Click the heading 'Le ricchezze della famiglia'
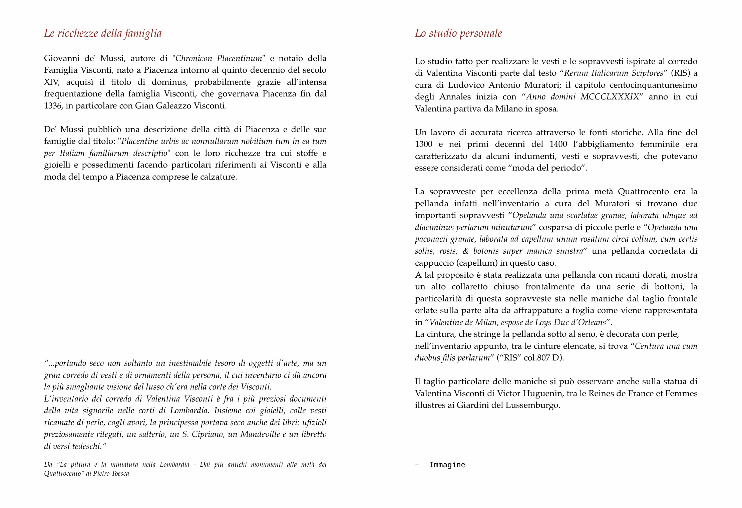click(x=103, y=33)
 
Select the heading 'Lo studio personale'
click(x=458, y=33)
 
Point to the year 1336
click(x=53, y=106)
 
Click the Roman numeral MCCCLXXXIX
click(x=610, y=97)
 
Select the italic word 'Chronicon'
click(x=194, y=58)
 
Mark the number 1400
click(x=558, y=144)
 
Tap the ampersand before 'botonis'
click(x=465, y=251)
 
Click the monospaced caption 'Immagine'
click(x=447, y=465)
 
